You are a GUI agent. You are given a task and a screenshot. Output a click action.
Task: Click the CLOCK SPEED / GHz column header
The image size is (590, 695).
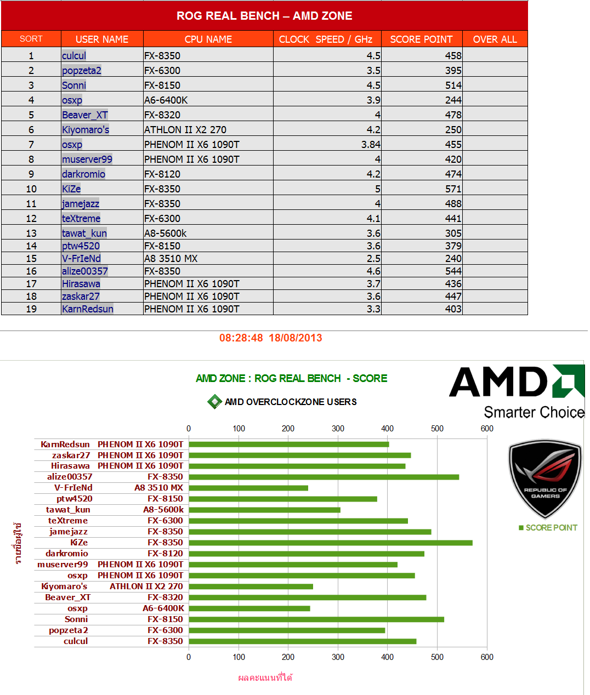pyautogui.click(x=326, y=39)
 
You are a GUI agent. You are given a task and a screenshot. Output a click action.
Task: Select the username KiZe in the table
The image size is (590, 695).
pyautogui.click(x=71, y=189)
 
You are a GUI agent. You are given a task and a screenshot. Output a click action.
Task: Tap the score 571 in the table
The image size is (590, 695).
pyautogui.click(x=453, y=189)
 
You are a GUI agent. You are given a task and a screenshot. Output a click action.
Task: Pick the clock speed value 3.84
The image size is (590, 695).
pyautogui.click(x=371, y=144)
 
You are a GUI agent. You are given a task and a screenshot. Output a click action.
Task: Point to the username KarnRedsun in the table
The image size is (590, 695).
pyautogui.click(x=88, y=309)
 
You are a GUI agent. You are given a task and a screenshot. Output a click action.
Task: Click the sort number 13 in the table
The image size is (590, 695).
pyautogui.click(x=31, y=233)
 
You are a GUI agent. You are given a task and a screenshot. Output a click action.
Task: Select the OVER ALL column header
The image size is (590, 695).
pyautogui.click(x=495, y=39)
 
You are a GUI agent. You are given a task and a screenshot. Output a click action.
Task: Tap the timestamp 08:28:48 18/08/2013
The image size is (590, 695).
pyautogui.click(x=271, y=338)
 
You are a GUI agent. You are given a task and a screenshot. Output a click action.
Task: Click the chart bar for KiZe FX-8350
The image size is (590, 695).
pyautogui.click(x=330, y=543)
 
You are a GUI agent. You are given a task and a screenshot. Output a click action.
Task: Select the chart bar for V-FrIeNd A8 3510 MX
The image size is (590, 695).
pyautogui.click(x=248, y=488)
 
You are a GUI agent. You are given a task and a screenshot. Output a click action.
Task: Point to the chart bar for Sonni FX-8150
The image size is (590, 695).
pyautogui.click(x=316, y=619)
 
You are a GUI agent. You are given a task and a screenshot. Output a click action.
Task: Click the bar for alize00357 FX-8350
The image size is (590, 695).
pyautogui.click(x=324, y=477)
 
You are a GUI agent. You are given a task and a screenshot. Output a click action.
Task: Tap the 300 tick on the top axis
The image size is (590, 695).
pyautogui.click(x=338, y=429)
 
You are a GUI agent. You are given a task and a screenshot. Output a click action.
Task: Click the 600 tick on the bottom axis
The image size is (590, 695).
pyautogui.click(x=487, y=657)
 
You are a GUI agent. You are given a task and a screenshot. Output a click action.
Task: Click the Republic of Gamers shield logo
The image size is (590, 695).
pyautogui.click(x=545, y=478)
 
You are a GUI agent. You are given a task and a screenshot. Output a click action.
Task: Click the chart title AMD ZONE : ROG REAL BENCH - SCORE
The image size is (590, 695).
pyautogui.click(x=292, y=378)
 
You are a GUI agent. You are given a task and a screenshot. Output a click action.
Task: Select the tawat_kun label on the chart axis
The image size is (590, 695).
pyautogui.click(x=68, y=510)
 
